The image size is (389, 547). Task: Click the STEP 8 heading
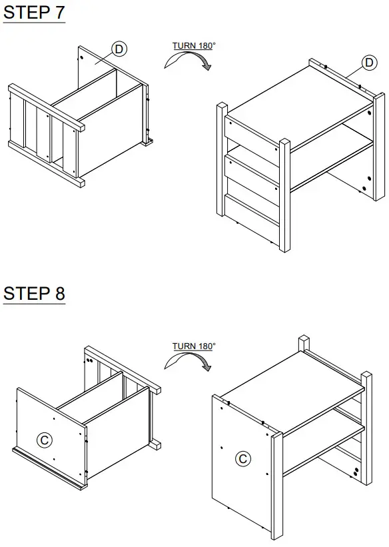[34, 293]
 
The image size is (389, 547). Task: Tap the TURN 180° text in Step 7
[194, 45]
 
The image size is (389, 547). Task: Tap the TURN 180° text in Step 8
[194, 346]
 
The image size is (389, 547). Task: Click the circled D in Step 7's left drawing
[119, 49]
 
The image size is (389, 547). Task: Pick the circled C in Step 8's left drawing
[45, 440]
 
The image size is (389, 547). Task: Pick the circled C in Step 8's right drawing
[243, 458]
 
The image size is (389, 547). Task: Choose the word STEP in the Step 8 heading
[25, 293]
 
